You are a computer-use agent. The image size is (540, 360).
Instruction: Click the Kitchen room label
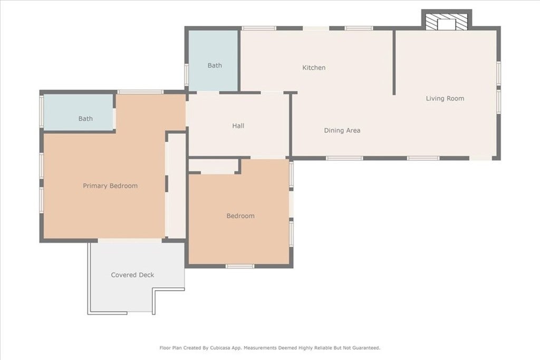click(x=314, y=68)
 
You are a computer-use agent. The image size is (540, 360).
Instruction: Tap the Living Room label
click(x=445, y=99)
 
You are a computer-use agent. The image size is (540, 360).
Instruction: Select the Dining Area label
click(x=342, y=130)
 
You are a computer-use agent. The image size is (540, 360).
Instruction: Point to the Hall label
click(x=238, y=126)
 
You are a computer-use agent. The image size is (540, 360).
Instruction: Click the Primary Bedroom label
click(x=110, y=186)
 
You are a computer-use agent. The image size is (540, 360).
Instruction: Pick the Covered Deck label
click(x=132, y=275)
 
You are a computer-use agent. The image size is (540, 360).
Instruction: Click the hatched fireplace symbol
click(x=447, y=22)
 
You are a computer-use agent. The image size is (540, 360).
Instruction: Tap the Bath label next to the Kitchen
click(x=215, y=65)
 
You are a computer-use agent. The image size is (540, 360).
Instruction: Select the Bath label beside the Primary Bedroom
click(x=85, y=119)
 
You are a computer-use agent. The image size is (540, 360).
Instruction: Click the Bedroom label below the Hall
click(x=240, y=216)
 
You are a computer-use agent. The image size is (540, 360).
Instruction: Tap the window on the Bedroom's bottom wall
click(x=240, y=266)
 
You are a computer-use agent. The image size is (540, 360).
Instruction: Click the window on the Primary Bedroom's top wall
click(x=140, y=92)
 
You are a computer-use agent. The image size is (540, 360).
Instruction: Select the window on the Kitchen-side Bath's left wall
click(x=186, y=74)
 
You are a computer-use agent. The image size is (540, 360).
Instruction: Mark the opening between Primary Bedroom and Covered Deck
click(x=130, y=240)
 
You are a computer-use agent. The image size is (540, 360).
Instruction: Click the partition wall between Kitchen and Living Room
click(x=394, y=63)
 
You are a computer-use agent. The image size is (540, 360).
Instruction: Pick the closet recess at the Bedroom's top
click(x=214, y=167)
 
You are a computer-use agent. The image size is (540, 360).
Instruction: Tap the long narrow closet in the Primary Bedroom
click(x=176, y=186)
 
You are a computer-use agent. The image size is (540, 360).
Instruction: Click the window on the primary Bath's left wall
click(x=41, y=112)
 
